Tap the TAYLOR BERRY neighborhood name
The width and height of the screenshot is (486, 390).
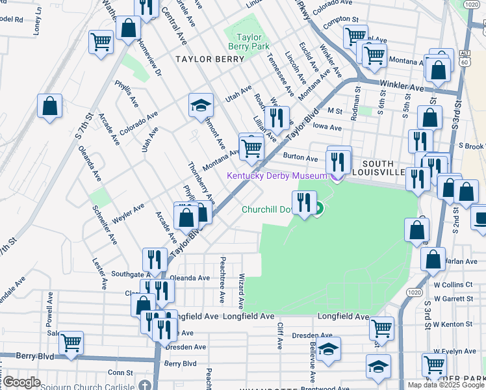pyautogui.click(x=210, y=59)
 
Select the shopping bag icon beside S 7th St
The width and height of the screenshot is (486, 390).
pyautogui.click(x=49, y=106)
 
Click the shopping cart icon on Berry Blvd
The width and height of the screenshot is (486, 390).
pyautogui.click(x=71, y=342)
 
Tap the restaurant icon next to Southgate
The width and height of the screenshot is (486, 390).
pyautogui.click(x=154, y=259)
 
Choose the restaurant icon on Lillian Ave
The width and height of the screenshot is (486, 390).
pyautogui.click(x=278, y=117)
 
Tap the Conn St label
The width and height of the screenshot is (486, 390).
pyautogui.click(x=120, y=372)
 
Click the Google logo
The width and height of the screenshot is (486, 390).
pyautogui.click(x=21, y=382)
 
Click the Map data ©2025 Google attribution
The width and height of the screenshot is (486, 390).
pyautogui.click(x=446, y=385)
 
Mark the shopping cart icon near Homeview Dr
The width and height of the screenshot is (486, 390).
pyautogui.click(x=101, y=42)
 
